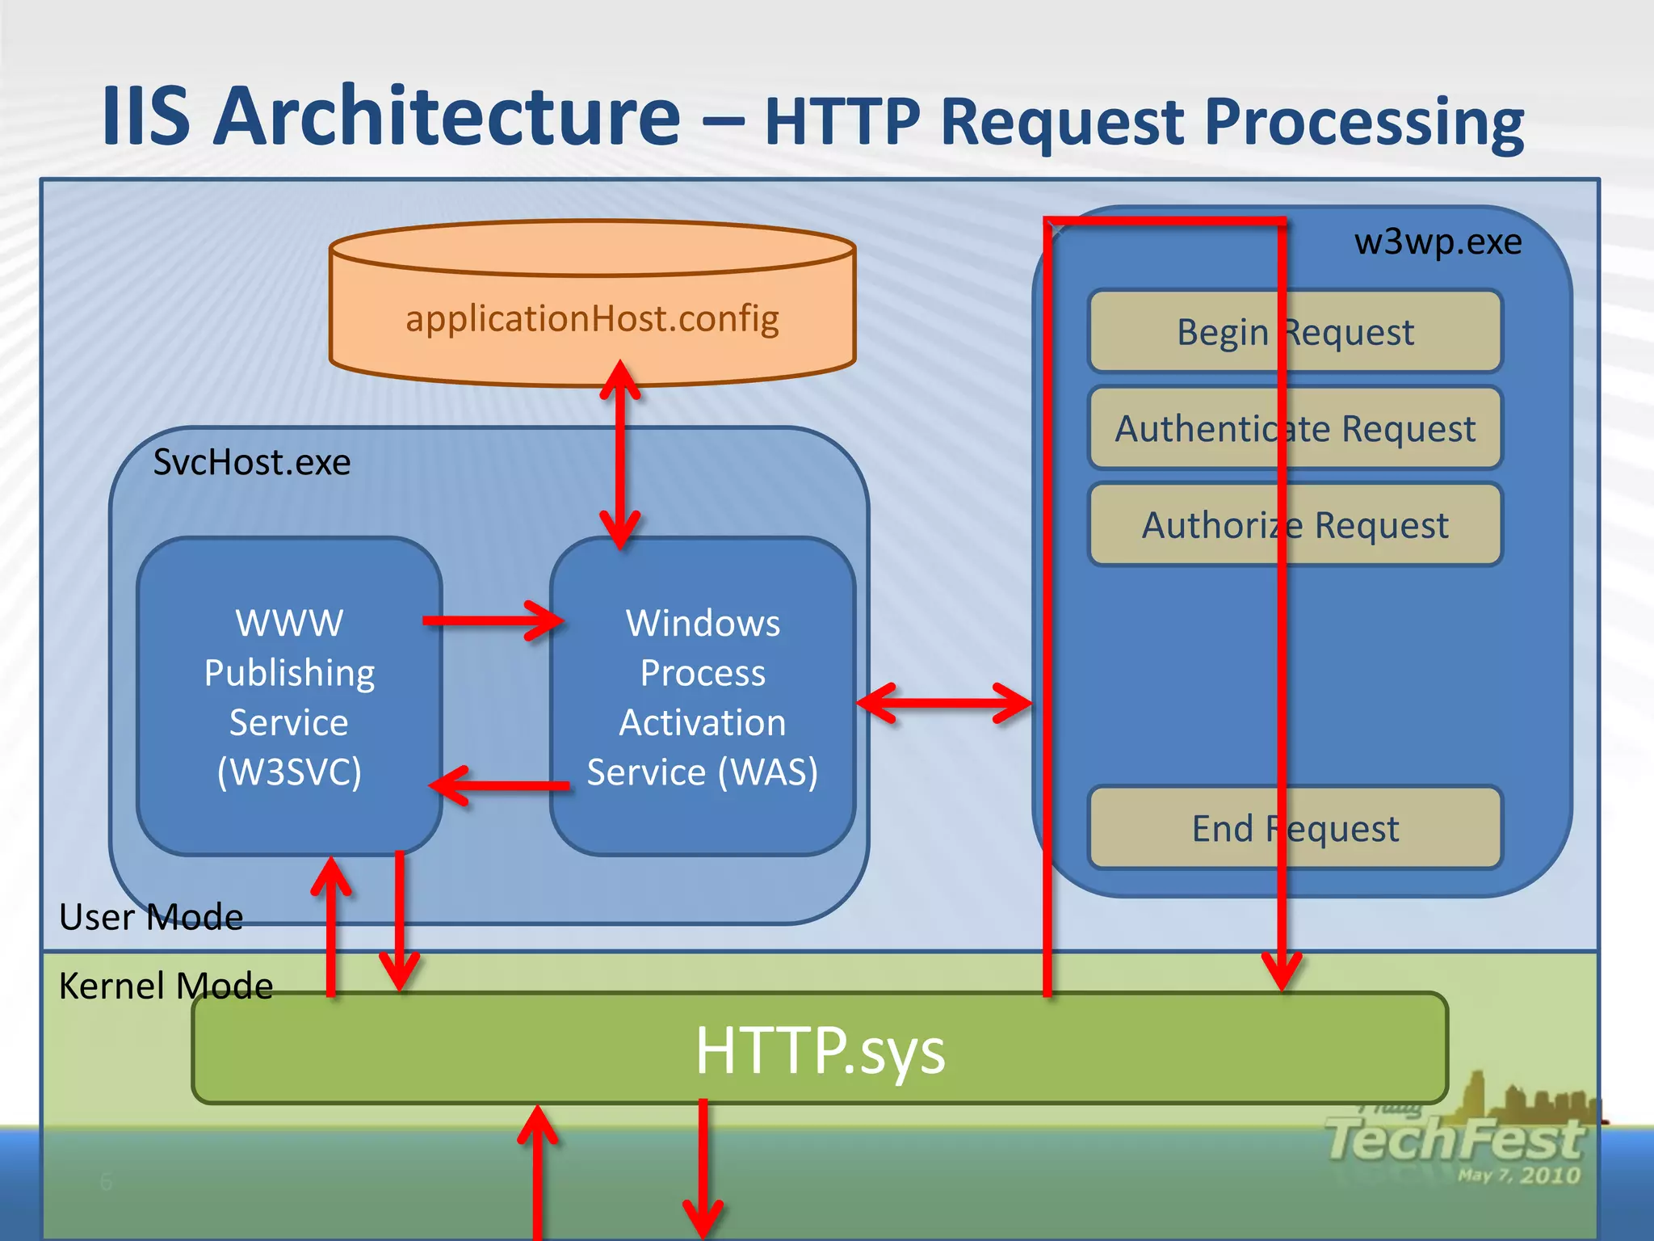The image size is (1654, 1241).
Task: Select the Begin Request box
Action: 1295,332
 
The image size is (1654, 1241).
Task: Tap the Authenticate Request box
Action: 1295,428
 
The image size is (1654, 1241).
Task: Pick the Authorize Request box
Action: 1295,525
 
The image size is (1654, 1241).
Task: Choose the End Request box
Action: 1295,828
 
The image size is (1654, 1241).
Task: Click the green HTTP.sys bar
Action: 820,1050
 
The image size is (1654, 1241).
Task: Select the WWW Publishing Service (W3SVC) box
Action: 289,696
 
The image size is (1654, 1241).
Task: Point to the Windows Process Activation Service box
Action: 703,696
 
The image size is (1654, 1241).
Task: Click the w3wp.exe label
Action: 1438,242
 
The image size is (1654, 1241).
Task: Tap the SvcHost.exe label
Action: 252,462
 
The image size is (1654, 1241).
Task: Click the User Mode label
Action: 151,917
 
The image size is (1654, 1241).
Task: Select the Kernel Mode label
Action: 166,986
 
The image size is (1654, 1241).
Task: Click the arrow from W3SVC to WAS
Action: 493,620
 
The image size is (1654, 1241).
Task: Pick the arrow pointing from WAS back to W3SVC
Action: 501,785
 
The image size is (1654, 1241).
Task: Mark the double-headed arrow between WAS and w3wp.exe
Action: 943,703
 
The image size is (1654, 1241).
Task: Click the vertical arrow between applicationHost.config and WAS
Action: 620,454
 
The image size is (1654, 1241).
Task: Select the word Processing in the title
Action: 1363,121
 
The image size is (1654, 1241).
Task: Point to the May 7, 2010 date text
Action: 1518,1175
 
